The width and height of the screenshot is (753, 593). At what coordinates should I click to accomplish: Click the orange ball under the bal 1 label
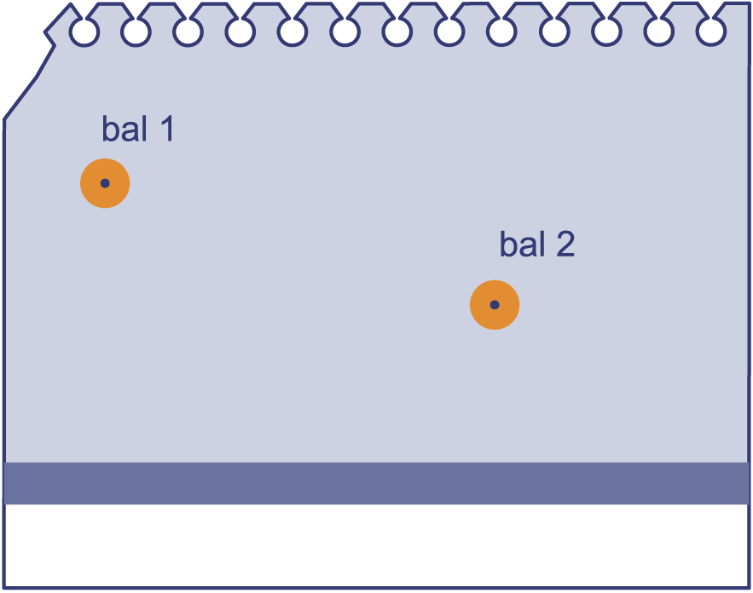pos(105,183)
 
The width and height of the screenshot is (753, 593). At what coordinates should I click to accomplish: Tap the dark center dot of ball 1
pos(105,183)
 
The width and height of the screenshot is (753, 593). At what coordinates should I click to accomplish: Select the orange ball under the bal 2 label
pos(495,305)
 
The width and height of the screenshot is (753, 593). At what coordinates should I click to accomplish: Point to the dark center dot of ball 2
pos(495,305)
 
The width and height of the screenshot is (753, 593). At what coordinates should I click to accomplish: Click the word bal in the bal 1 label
pos(125,128)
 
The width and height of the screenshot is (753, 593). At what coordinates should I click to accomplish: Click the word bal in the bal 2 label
pos(522,243)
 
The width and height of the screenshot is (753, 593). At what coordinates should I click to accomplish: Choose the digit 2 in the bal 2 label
pos(565,244)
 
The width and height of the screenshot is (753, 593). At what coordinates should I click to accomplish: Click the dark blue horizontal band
pos(377,483)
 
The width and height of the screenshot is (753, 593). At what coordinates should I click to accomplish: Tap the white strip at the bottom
pos(377,545)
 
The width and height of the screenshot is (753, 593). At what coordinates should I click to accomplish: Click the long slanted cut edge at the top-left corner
pos(20,97)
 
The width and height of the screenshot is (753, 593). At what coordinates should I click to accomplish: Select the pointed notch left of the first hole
pos(45,32)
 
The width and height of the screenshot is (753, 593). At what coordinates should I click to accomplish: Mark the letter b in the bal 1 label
pos(110,129)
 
